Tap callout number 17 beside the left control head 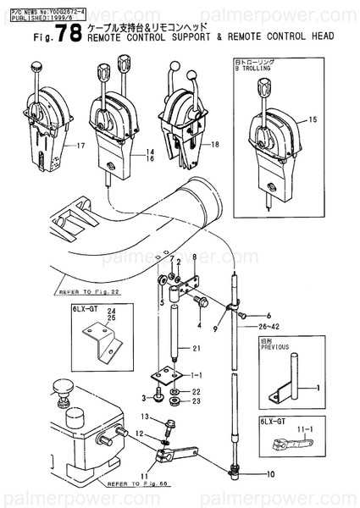pos(81,146)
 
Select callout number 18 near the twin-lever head pos(215,146)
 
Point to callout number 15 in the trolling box pos(313,119)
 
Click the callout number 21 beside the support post pos(196,349)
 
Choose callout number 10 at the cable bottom pos(270,474)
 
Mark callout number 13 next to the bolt pos(145,417)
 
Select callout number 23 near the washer pos(195,401)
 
